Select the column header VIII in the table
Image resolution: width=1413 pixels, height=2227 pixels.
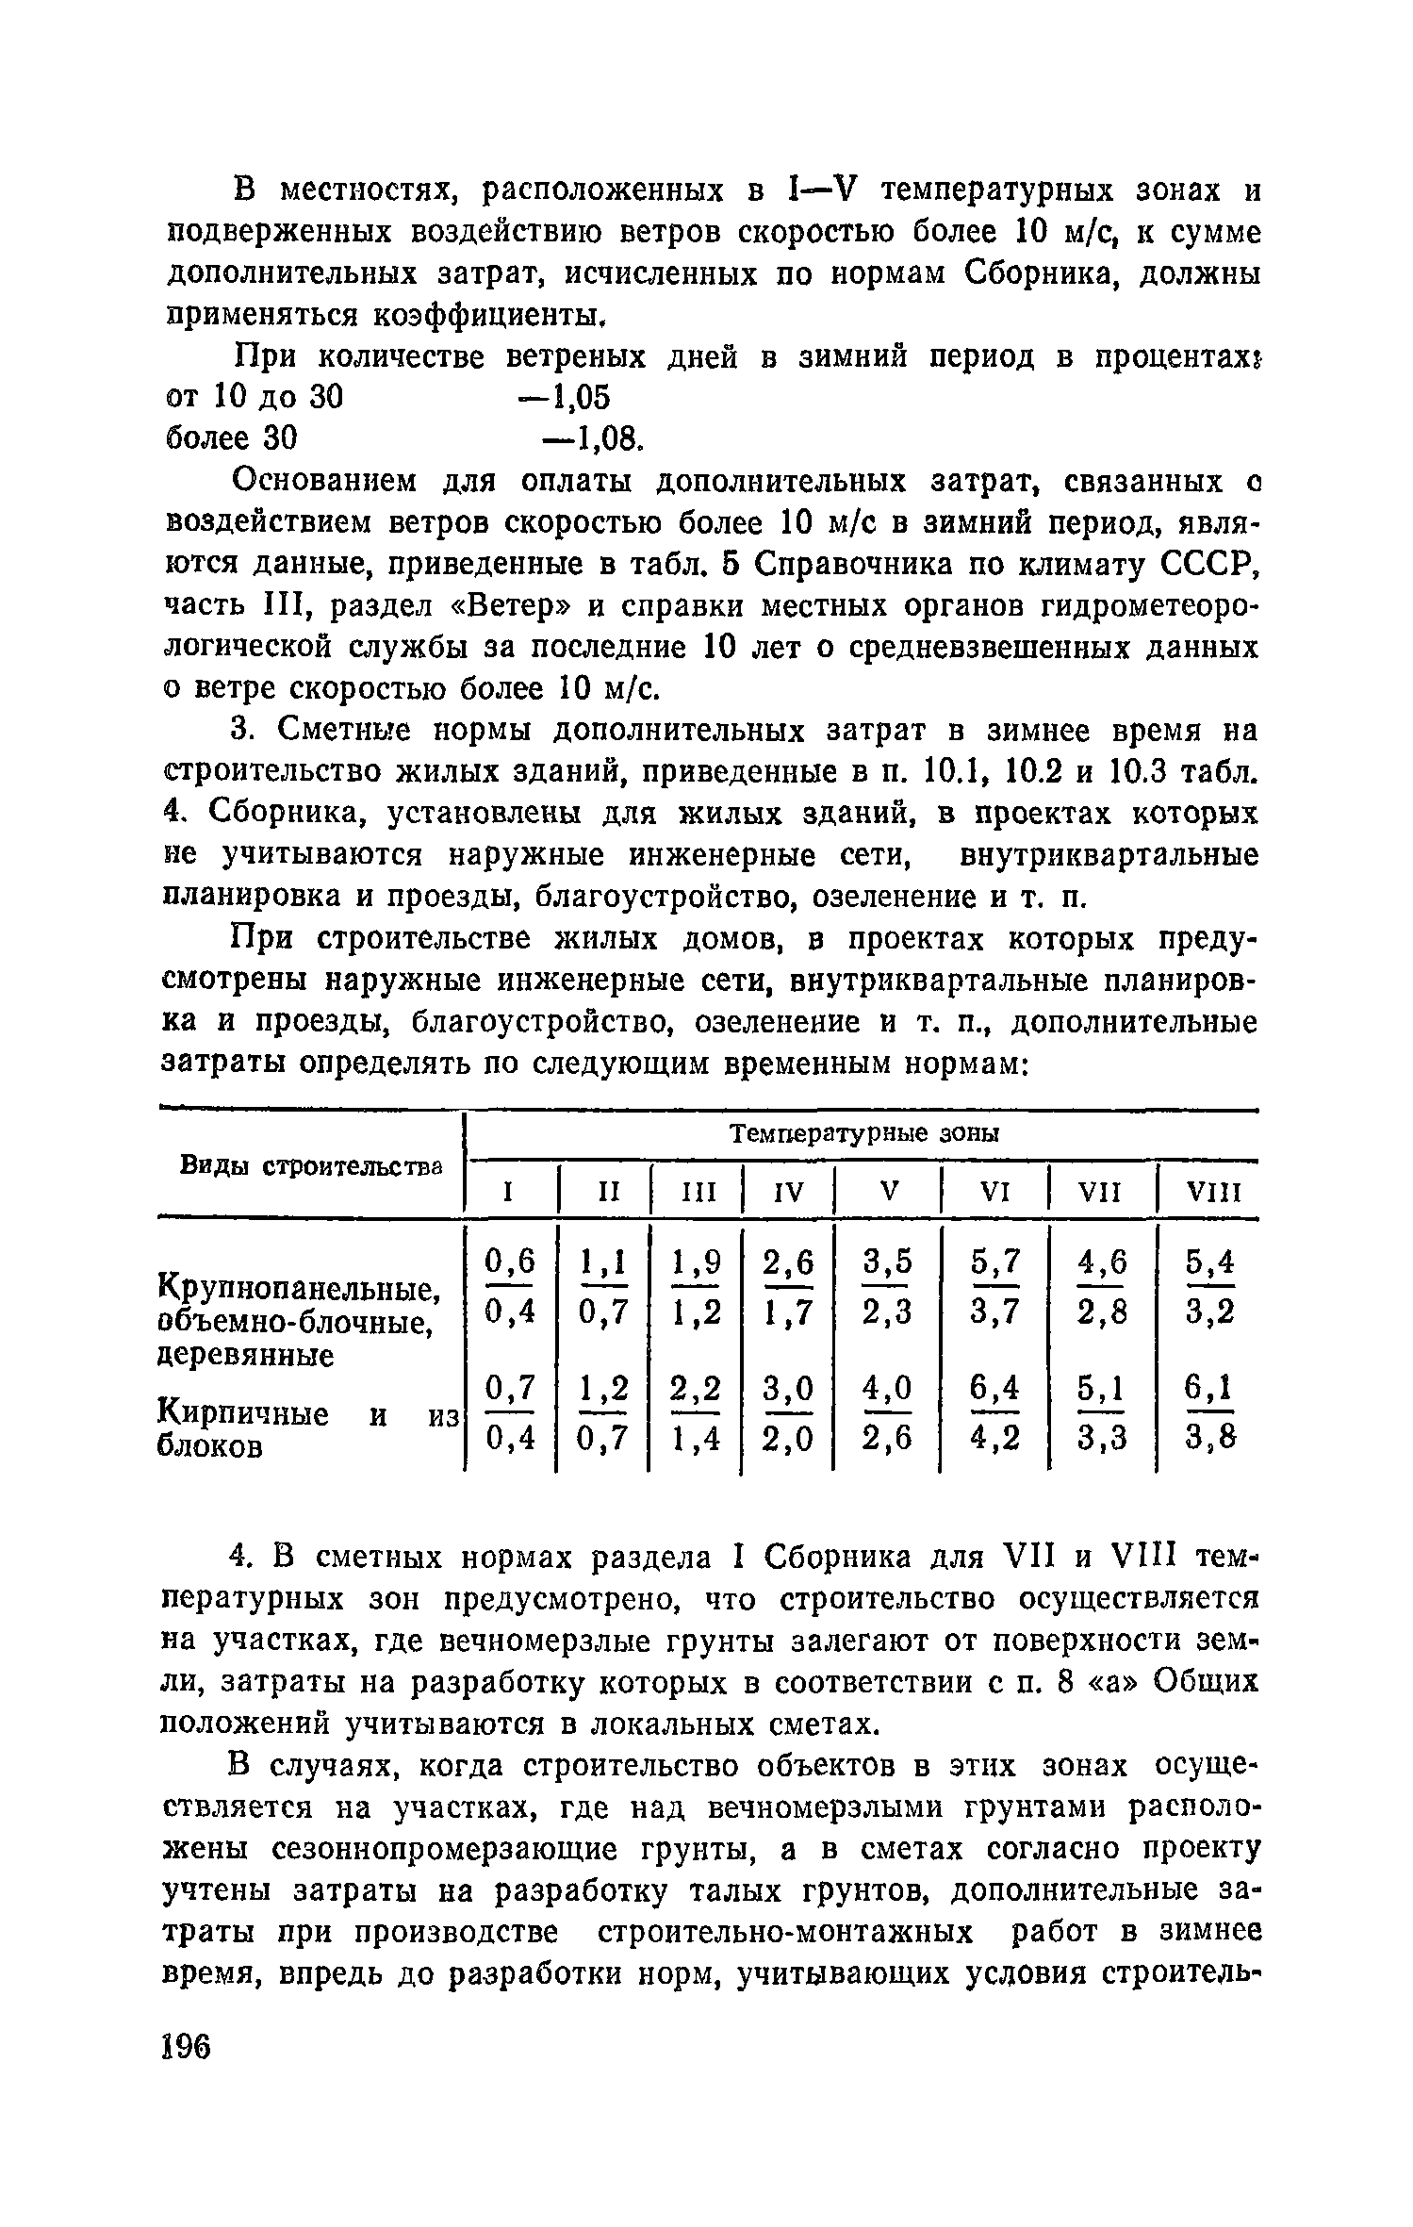click(1210, 1193)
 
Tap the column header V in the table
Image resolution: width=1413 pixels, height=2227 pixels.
click(888, 1193)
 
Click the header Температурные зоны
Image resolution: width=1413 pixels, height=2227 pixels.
click(864, 1134)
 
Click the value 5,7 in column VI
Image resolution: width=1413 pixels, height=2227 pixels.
click(994, 1262)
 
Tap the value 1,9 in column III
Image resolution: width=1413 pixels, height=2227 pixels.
click(698, 1262)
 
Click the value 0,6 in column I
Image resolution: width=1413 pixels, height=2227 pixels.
click(509, 1262)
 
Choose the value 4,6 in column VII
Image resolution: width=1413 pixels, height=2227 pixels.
click(1102, 1262)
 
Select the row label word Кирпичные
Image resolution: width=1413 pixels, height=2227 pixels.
click(243, 1414)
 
